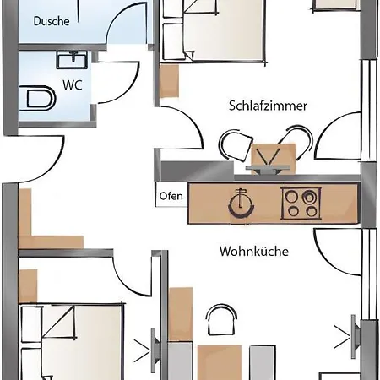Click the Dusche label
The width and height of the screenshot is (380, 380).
tap(52, 21)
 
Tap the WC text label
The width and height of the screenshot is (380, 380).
tap(73, 85)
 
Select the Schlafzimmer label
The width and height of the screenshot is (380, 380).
tap(268, 106)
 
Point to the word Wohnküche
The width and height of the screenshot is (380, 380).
tap(254, 251)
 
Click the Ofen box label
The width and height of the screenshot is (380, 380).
tap(171, 196)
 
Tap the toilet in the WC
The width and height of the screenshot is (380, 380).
tap(37, 99)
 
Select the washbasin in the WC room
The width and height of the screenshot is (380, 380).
tap(72, 59)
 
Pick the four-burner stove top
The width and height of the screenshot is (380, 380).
tap(301, 204)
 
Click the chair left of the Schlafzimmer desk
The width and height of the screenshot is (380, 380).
tap(236, 145)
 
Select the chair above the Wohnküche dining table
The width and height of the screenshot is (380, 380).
tap(221, 320)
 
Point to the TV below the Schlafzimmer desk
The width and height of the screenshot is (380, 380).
tap(268, 169)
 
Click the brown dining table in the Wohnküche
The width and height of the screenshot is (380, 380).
tap(220, 362)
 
